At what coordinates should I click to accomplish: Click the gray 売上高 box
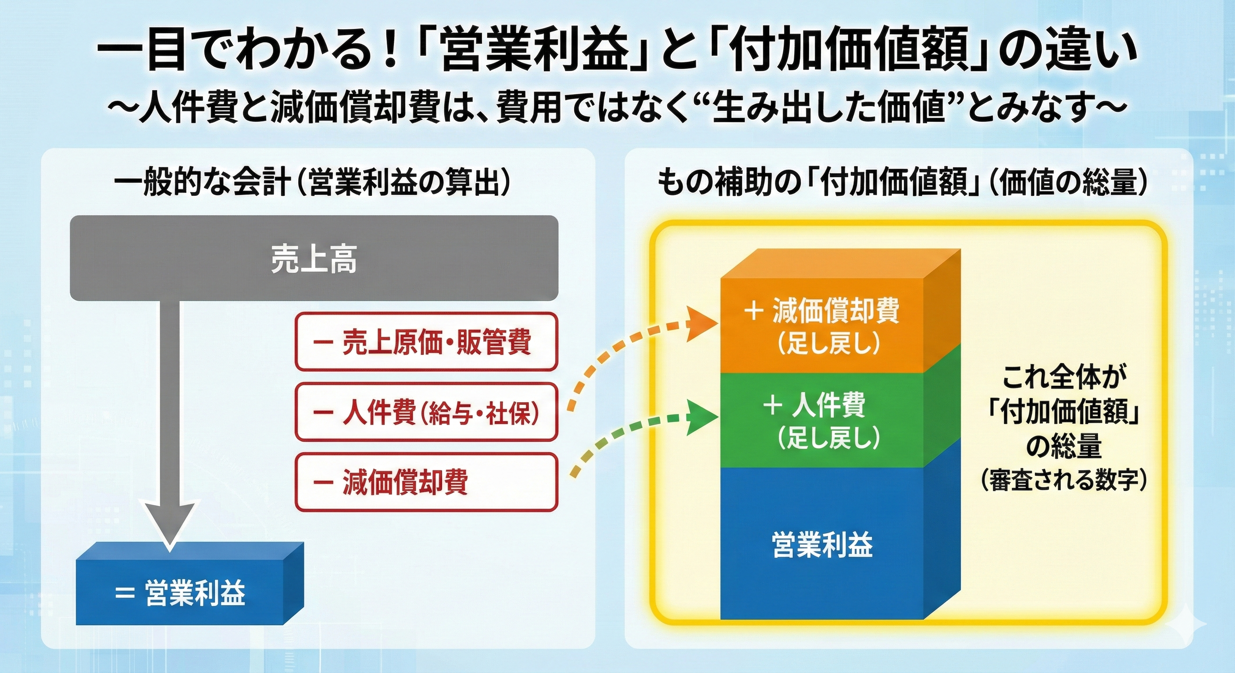pos(314,259)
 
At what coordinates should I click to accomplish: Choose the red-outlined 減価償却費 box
pos(426,482)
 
